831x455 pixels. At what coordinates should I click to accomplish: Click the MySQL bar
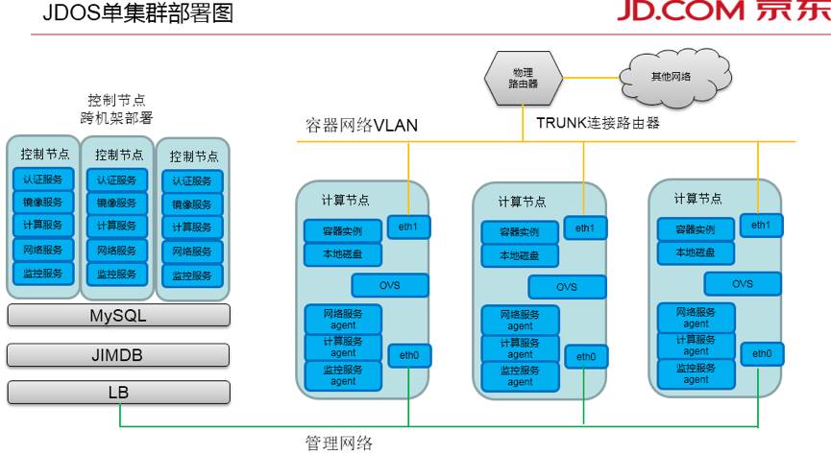pyautogui.click(x=119, y=317)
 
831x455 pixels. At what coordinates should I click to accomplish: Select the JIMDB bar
pyautogui.click(x=119, y=354)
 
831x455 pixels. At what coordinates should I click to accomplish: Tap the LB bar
pyautogui.click(x=119, y=392)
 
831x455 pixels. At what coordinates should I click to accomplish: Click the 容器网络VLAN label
pyautogui.click(x=356, y=126)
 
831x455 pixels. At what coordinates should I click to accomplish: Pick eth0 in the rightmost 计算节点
pyautogui.click(x=762, y=353)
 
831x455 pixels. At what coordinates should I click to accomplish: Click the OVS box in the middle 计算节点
pyautogui.click(x=567, y=287)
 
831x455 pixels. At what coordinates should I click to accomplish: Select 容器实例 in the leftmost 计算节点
pyautogui.click(x=343, y=231)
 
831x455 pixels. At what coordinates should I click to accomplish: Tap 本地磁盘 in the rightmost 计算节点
pyautogui.click(x=697, y=252)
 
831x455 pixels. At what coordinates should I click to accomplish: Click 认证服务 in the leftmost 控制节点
pyautogui.click(x=41, y=180)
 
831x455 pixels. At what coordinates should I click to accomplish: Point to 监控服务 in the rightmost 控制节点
pyautogui.click(x=192, y=275)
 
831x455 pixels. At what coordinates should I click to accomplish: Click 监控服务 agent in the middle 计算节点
pyautogui.click(x=520, y=375)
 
